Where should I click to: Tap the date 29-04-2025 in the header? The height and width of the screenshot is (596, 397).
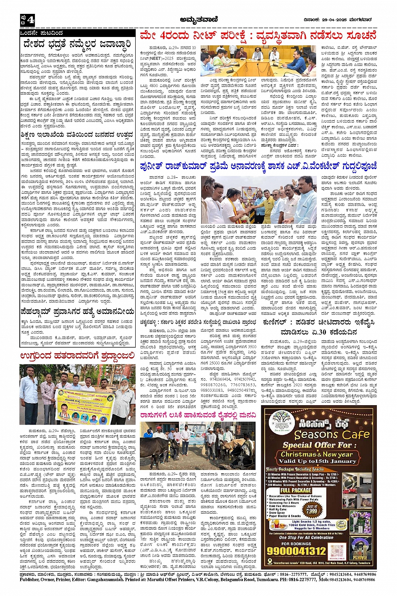(331, 18)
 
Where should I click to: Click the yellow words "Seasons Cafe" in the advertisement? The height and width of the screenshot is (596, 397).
(332, 434)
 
